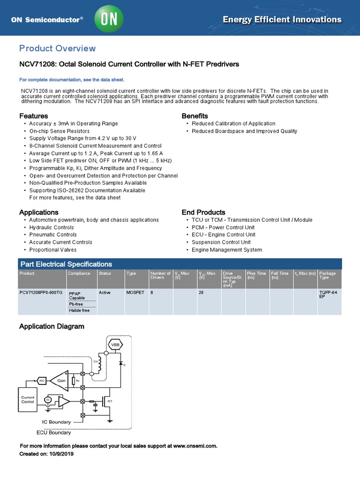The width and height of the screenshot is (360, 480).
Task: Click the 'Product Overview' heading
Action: tap(57, 48)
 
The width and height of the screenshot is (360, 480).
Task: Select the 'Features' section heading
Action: tap(33, 116)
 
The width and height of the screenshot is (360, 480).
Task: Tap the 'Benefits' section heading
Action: tap(195, 116)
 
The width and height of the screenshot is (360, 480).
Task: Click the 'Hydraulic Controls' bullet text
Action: tap(52, 227)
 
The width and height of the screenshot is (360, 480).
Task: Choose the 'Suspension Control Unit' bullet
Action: tap(221, 242)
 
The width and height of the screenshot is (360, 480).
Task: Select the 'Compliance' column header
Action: tap(79, 273)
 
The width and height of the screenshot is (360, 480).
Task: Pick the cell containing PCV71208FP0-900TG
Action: tap(41, 292)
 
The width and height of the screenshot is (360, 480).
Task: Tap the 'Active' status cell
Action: tap(105, 292)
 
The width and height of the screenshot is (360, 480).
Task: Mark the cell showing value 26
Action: tap(202, 292)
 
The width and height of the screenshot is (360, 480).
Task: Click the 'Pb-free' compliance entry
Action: tap(76, 304)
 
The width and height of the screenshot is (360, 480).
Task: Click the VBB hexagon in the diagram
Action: tap(115, 345)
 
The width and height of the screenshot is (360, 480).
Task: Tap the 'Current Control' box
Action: tap(28, 400)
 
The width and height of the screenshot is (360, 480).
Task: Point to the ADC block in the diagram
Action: tap(41, 380)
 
